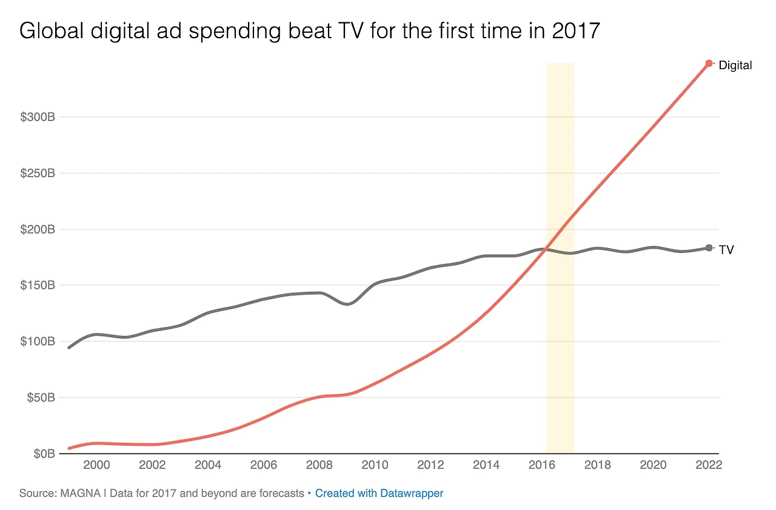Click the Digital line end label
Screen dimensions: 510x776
(735, 65)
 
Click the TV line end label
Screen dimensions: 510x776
(726, 249)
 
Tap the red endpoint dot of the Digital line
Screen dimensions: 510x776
(709, 63)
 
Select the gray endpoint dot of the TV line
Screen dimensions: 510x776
(709, 247)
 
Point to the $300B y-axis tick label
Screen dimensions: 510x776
(38, 117)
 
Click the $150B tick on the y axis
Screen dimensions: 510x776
(38, 286)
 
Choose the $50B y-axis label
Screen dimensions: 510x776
(40, 398)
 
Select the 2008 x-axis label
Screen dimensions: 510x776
(319, 465)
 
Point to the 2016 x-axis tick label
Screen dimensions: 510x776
(542, 465)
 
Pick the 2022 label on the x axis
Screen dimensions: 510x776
(709, 465)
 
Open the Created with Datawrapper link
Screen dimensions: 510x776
(379, 493)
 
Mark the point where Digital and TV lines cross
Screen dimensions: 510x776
(547, 249)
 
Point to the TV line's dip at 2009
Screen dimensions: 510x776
(347, 304)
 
